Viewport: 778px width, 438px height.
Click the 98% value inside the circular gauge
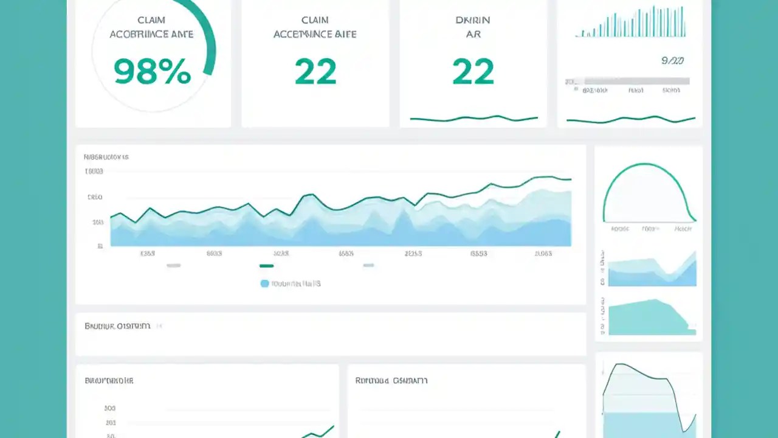[x=152, y=72]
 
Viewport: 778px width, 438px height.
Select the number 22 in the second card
[x=315, y=72]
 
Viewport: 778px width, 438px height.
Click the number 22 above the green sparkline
[x=473, y=72]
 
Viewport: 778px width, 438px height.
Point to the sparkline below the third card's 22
[x=473, y=118]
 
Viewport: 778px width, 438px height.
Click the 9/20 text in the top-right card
[x=672, y=61]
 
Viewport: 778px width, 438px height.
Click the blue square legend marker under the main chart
[x=264, y=283]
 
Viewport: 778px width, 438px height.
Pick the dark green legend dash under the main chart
[x=266, y=266]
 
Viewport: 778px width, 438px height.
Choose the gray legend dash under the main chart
[x=173, y=266]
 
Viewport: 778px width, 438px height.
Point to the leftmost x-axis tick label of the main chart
[x=147, y=254]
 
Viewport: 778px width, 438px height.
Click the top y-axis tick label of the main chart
[x=95, y=172]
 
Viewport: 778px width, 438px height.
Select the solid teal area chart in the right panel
[x=647, y=318]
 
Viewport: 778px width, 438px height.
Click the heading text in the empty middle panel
[x=117, y=326]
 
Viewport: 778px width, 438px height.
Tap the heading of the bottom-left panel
[x=109, y=381]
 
